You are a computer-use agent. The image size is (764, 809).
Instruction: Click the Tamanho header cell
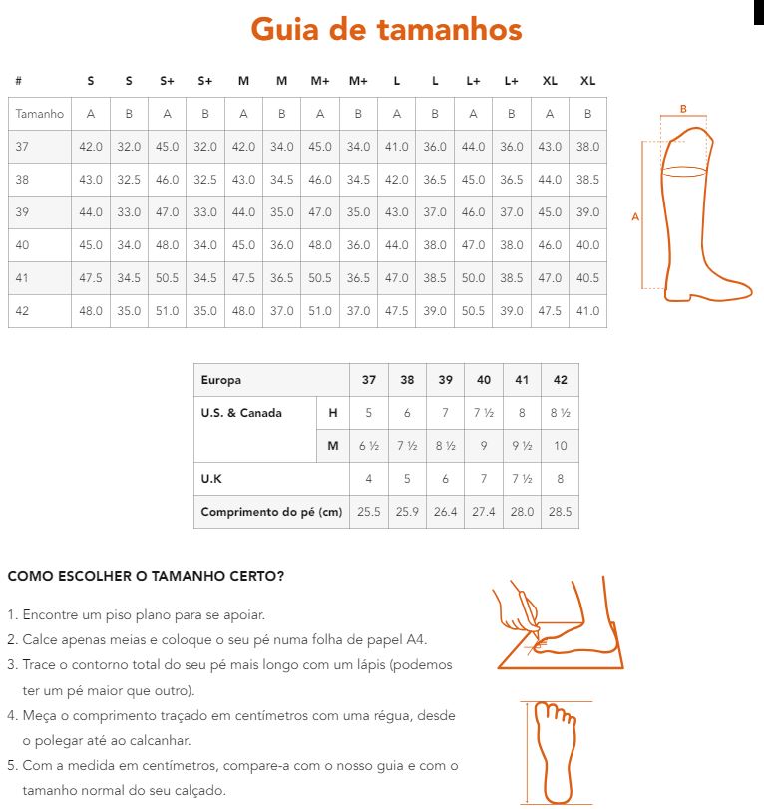pyautogui.click(x=40, y=114)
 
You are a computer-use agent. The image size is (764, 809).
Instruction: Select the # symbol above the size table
pyautogui.click(x=19, y=81)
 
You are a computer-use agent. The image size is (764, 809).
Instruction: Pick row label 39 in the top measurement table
pyautogui.click(x=23, y=212)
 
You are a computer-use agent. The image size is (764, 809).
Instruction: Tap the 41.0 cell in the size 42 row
pyautogui.click(x=588, y=311)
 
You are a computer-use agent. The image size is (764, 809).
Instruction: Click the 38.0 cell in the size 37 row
pyautogui.click(x=588, y=147)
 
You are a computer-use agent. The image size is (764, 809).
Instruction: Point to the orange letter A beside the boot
pyautogui.click(x=635, y=216)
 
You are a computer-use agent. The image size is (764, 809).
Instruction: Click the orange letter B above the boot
pyautogui.click(x=683, y=109)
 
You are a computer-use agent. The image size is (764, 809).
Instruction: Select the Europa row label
pyautogui.click(x=221, y=380)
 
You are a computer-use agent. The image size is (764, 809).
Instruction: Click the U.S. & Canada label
pyautogui.click(x=241, y=413)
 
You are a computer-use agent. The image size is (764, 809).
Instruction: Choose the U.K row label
pyautogui.click(x=211, y=479)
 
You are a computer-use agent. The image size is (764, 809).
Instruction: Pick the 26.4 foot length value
pyautogui.click(x=445, y=512)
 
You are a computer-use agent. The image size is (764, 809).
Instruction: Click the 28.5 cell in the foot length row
pyautogui.click(x=561, y=512)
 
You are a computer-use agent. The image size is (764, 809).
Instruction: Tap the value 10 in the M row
pyautogui.click(x=561, y=446)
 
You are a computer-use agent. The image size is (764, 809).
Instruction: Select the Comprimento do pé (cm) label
pyautogui.click(x=271, y=512)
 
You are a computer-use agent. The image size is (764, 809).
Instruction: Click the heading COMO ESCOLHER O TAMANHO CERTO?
pyautogui.click(x=146, y=577)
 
